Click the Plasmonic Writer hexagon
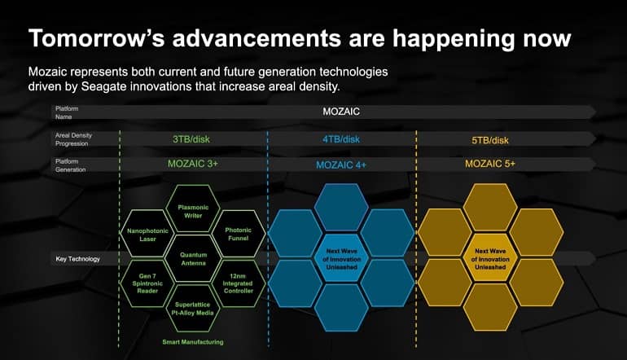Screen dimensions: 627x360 193,209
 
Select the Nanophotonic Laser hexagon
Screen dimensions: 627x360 147,234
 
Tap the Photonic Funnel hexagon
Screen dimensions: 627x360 239,234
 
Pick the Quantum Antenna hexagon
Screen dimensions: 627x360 193,258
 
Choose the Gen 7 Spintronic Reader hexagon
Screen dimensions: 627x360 147,283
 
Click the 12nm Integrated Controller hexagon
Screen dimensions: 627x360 239,283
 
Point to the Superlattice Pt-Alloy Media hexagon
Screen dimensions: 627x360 193,309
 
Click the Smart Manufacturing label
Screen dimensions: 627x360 193,342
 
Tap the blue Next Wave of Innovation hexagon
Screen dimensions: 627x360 341,258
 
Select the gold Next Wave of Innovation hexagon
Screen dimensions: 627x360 490,258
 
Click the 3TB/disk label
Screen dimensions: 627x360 191,139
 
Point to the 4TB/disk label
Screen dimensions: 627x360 341,139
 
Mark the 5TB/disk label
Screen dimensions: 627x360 490,140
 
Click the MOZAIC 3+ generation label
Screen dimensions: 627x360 193,164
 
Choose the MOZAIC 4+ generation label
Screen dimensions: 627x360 341,165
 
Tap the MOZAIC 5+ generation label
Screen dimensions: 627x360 490,164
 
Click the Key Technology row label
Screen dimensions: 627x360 78,259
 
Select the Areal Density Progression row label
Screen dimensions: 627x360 73,139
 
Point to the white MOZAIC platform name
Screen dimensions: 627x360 341,112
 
